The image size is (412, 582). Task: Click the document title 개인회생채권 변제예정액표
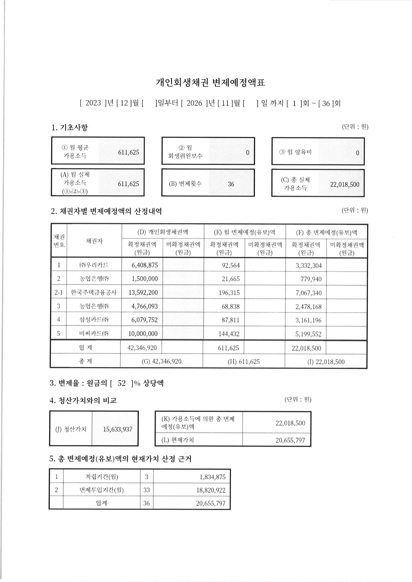point(210,83)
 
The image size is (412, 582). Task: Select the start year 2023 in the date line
point(93,103)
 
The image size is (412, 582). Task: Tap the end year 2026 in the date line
point(194,103)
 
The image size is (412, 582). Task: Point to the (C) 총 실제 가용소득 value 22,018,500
point(345,185)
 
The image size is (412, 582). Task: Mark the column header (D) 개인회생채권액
point(163,232)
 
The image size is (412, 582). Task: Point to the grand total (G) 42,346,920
point(162,361)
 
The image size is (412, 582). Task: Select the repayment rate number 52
point(121,383)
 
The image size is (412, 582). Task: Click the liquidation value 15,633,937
point(117,429)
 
